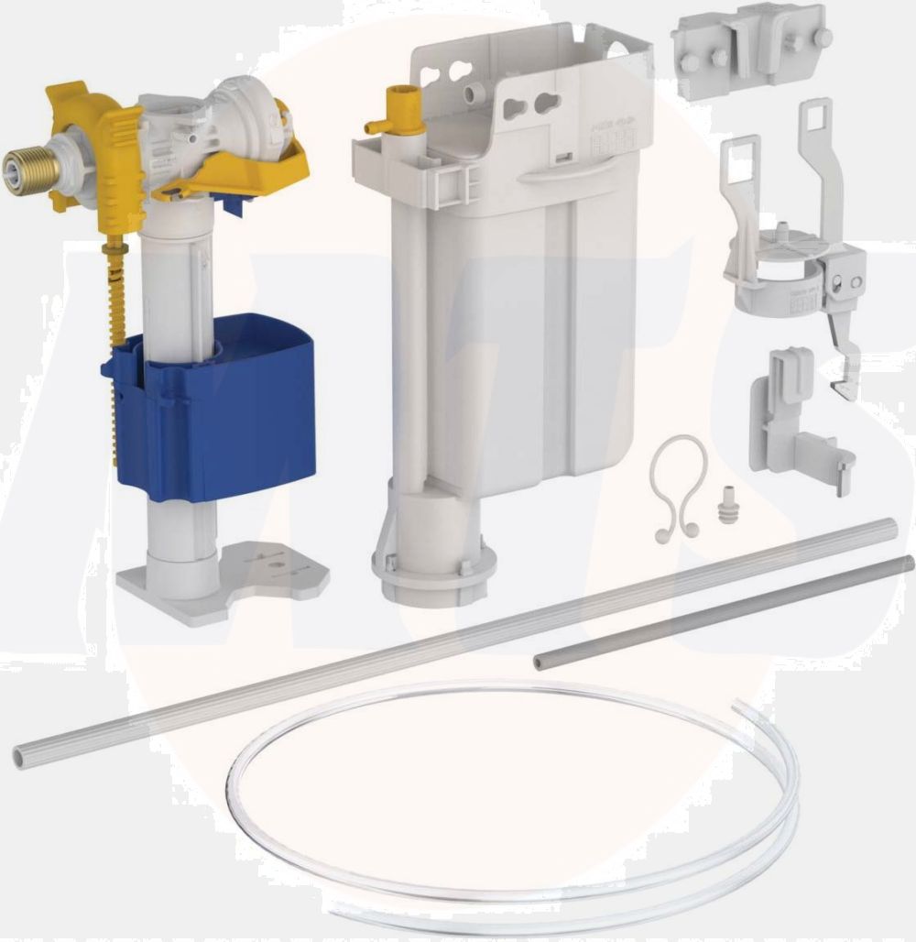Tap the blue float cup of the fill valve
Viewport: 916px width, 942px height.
click(x=220, y=412)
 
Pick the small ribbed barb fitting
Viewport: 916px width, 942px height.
click(x=728, y=504)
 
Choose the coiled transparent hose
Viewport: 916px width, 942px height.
click(x=513, y=806)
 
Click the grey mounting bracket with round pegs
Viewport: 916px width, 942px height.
click(x=751, y=41)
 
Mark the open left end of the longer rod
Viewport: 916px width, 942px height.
click(x=21, y=756)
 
